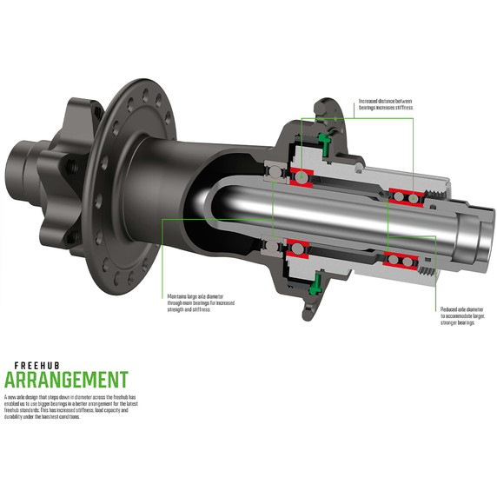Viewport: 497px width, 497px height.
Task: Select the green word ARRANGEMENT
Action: [66, 380]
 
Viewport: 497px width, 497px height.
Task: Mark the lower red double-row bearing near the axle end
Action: [401, 258]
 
